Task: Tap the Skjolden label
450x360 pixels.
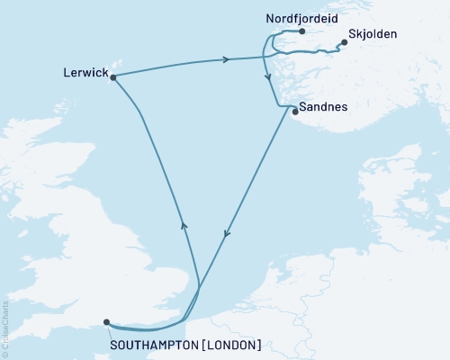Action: tap(371, 35)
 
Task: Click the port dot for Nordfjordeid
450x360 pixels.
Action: tap(303, 32)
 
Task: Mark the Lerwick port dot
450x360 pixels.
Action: tap(113, 77)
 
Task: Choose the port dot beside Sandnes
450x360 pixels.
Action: tap(295, 112)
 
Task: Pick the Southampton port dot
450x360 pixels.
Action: tap(107, 321)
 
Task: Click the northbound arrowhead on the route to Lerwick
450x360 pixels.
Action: tap(183, 226)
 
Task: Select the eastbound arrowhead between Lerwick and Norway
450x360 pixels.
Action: tap(226, 59)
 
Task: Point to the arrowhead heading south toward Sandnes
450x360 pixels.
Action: tap(267, 78)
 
